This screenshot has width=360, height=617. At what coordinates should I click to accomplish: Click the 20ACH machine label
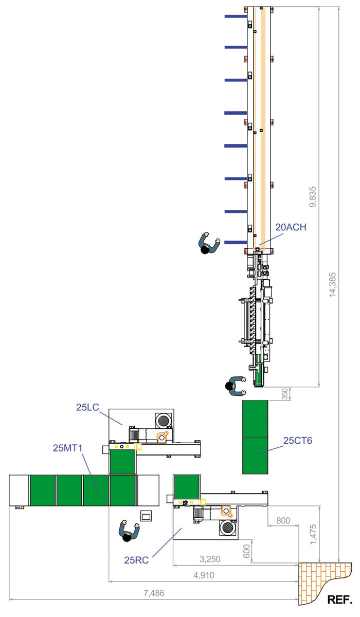pyautogui.click(x=291, y=227)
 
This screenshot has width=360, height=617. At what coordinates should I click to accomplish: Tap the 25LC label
pyautogui.click(x=87, y=407)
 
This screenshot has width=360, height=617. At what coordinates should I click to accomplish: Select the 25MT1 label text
pyautogui.click(x=68, y=448)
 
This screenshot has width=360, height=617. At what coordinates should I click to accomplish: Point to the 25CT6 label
pyautogui.click(x=298, y=441)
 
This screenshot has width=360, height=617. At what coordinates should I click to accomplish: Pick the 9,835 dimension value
pyautogui.click(x=313, y=196)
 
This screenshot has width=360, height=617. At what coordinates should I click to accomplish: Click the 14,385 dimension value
pyautogui.click(x=332, y=285)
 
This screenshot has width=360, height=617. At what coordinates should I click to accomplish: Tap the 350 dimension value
pyautogui.click(x=285, y=394)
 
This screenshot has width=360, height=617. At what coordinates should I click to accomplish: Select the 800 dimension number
pyautogui.click(x=283, y=520)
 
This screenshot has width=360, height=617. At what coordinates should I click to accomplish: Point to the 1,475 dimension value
pyautogui.click(x=313, y=534)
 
